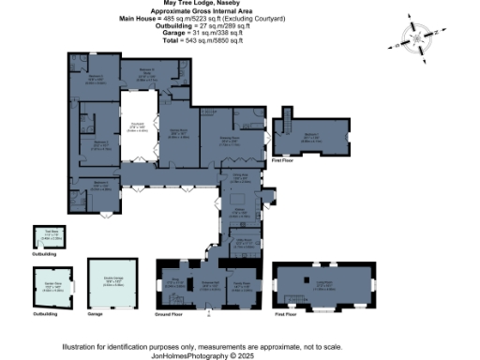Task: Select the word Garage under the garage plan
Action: pos(95,315)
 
